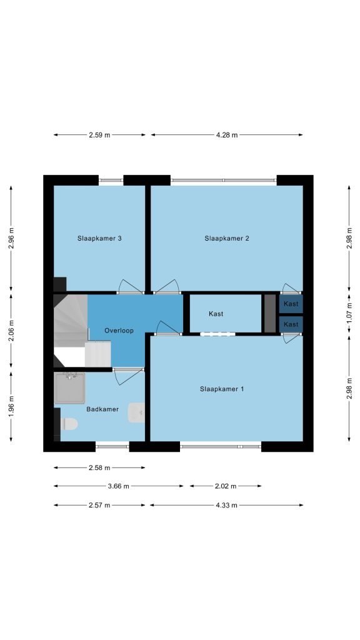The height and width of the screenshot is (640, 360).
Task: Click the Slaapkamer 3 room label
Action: [99, 238]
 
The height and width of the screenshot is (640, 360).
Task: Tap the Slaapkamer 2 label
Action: [226, 238]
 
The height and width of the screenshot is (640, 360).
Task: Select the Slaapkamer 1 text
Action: [222, 389]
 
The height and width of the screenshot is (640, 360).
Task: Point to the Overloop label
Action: [119, 331]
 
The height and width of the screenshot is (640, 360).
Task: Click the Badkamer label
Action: [102, 409]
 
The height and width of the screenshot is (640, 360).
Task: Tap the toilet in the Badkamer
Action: [69, 424]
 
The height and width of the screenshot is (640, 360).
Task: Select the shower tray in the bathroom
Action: [70, 387]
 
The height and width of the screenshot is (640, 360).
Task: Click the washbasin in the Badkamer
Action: [136, 412]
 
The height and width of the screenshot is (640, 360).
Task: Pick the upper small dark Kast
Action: [291, 304]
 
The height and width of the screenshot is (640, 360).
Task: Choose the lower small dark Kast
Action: [291, 324]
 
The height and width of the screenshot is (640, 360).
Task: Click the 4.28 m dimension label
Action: [226, 135]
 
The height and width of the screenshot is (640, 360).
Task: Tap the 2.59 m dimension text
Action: [99, 135]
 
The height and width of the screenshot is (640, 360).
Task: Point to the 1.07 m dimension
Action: [349, 315]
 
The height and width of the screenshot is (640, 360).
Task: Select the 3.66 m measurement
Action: [118, 486]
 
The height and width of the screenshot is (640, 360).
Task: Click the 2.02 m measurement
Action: [225, 486]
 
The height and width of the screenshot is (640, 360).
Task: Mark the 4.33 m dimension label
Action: [226, 505]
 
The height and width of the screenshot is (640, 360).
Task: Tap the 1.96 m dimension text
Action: [11, 406]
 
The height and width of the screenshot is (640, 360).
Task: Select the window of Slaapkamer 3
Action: [111, 180]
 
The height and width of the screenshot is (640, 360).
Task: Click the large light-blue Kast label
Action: [216, 314]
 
